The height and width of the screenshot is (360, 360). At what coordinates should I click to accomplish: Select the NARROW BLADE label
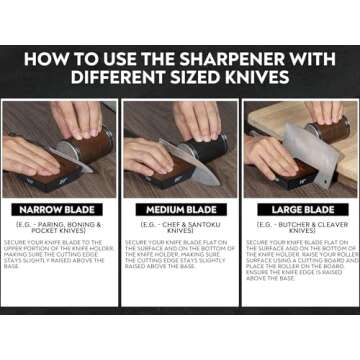[61, 211]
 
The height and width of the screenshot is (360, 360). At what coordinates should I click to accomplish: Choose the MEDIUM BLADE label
[180, 211]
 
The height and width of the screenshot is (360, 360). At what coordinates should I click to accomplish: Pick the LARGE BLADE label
[299, 211]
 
